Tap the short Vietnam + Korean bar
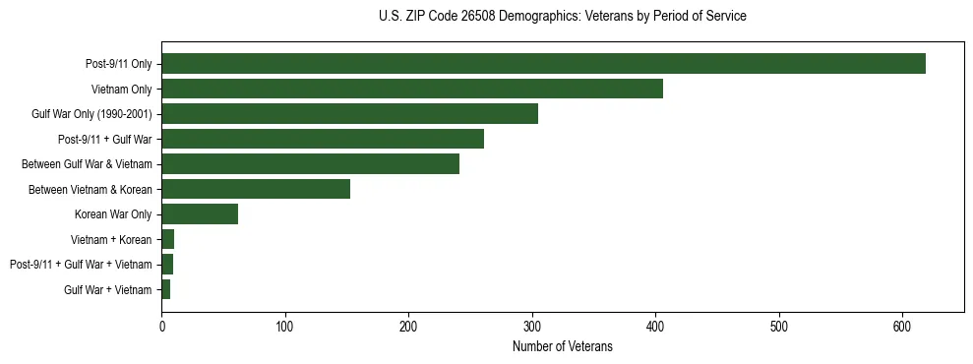[168, 239]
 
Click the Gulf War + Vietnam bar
[166, 289]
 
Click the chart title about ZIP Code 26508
[562, 17]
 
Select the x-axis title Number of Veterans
[562, 347]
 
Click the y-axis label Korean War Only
[113, 214]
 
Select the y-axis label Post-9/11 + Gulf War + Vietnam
[81, 265]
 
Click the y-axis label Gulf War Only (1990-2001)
[91, 114]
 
